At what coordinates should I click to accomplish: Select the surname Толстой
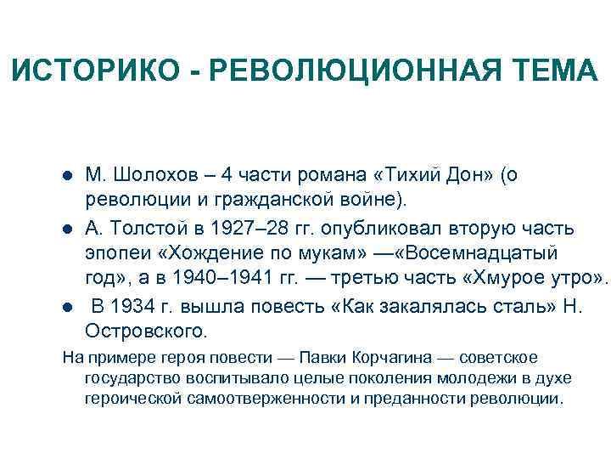click(144, 229)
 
